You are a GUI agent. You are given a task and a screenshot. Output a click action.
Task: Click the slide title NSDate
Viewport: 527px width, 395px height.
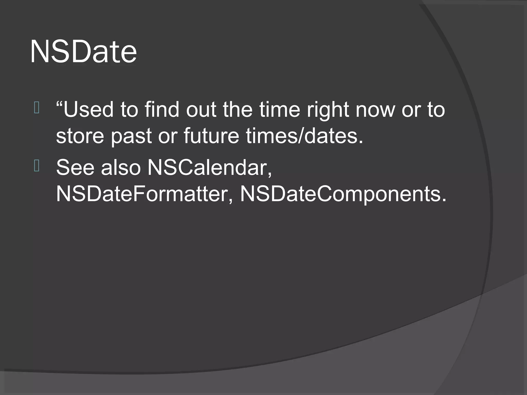[x=83, y=52]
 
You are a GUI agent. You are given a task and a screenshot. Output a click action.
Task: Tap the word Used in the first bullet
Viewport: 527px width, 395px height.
[x=88, y=110]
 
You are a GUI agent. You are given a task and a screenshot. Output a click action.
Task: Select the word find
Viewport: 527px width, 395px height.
[x=162, y=110]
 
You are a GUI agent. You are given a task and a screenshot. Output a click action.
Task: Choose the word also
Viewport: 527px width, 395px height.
[x=121, y=168]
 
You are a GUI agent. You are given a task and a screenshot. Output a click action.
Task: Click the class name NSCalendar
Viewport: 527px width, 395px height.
[x=209, y=168]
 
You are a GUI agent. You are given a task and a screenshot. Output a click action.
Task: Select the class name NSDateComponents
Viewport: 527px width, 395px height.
[x=343, y=195]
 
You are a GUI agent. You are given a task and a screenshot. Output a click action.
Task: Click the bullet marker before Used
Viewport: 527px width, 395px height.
[x=36, y=108]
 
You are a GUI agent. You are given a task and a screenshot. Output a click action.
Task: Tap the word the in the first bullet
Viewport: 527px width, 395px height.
[x=238, y=110]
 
